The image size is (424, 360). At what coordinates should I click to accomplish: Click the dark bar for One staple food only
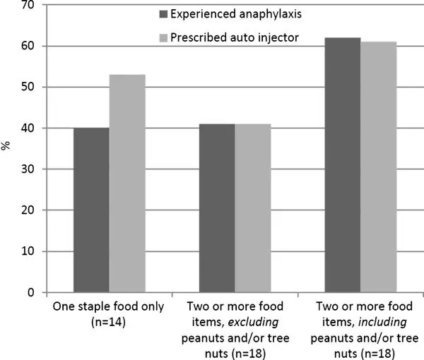point(91,210)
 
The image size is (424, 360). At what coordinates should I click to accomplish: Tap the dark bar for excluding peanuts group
point(217,208)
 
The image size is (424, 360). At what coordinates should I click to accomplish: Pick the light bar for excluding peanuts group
point(253,208)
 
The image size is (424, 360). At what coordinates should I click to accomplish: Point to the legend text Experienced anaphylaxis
point(236,14)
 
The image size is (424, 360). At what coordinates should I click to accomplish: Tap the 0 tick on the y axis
point(30,292)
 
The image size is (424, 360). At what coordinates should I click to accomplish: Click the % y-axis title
point(7,147)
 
